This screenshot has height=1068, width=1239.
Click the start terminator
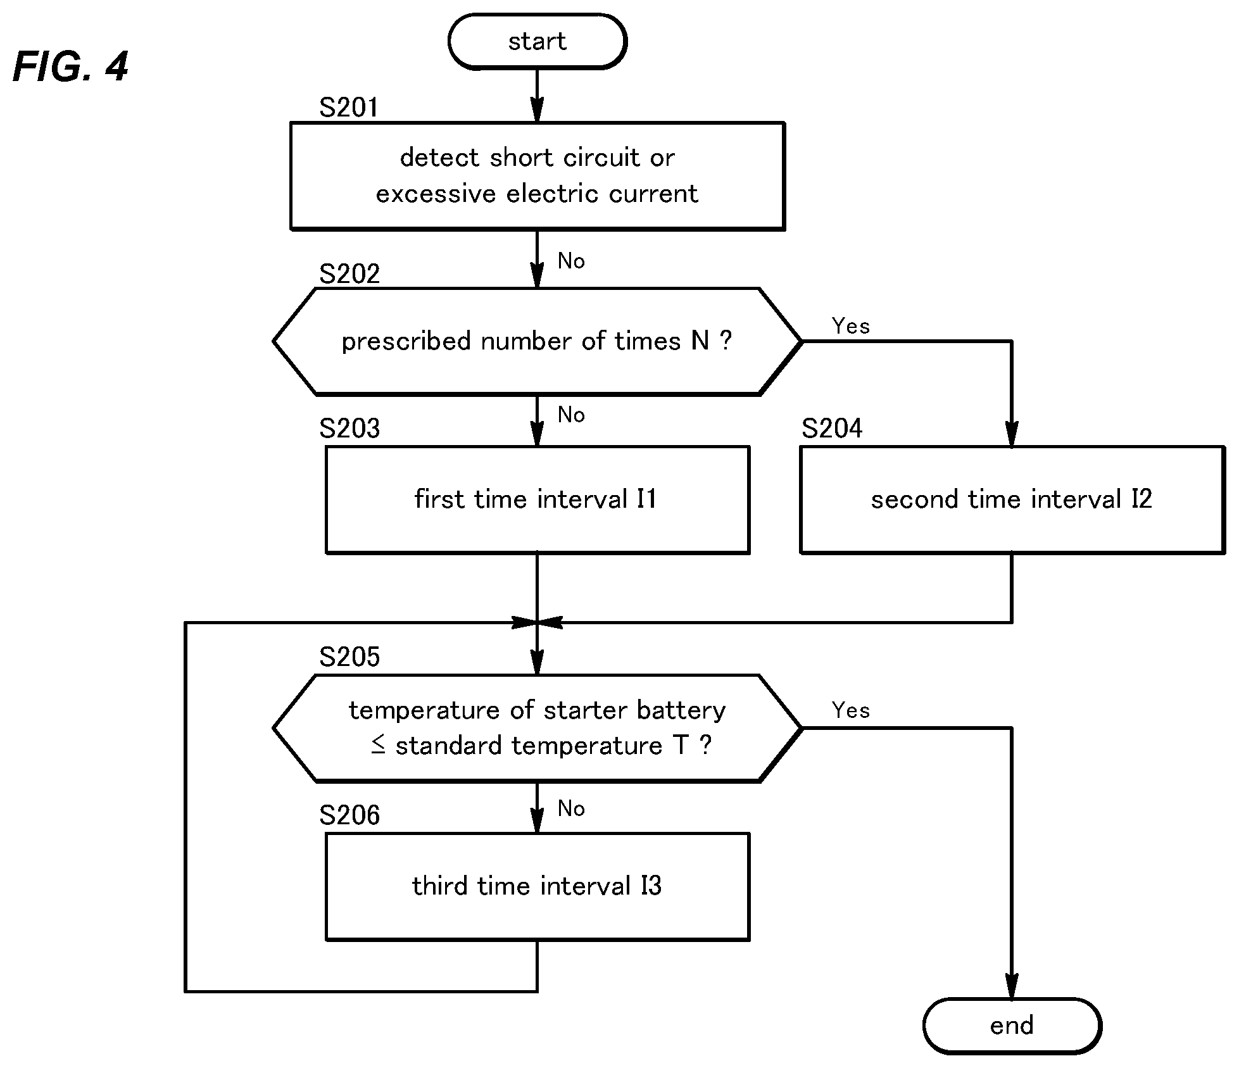point(538,42)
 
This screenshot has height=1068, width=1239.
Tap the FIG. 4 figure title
point(70,66)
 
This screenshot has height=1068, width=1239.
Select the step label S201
point(349,108)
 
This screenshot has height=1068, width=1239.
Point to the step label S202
point(349,274)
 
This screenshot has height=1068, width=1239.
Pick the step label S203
point(349,429)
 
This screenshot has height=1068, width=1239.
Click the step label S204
point(832,429)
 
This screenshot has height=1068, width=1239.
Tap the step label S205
point(349,657)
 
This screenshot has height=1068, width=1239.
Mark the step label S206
point(349,815)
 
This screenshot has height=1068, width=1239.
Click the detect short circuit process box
point(538,176)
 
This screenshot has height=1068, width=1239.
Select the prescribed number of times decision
point(538,342)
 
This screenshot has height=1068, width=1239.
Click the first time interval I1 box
point(538,500)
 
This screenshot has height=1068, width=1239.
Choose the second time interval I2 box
point(1012,500)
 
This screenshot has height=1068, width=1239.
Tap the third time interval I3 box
point(538,886)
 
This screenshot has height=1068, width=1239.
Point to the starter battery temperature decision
point(538,728)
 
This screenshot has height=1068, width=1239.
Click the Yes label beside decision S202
point(851,326)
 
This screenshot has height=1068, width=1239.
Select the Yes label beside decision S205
point(851,710)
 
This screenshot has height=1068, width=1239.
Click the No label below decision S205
point(571,808)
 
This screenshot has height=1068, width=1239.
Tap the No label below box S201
point(571,261)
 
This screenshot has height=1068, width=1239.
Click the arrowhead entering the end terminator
point(1012,986)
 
